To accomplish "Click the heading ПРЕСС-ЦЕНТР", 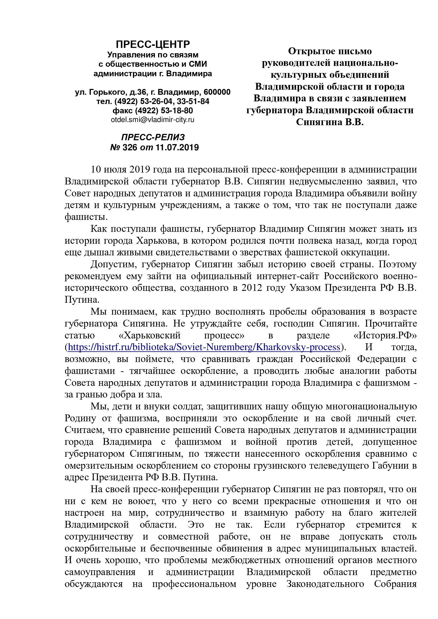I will [x=153, y=44].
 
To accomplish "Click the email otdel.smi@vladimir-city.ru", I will [x=153, y=120].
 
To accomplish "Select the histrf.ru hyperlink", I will [x=204, y=347].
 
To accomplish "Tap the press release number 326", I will [x=130, y=147].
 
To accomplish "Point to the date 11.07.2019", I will [x=177, y=147].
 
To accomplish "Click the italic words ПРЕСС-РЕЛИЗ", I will [x=153, y=137].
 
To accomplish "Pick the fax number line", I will [x=153, y=111].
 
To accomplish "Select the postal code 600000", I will [x=217, y=92].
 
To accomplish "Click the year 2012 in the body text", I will [x=252, y=288].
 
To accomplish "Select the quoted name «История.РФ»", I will [x=385, y=335].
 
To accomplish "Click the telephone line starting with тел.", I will [x=153, y=101].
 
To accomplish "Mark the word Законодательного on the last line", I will [x=325, y=584].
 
